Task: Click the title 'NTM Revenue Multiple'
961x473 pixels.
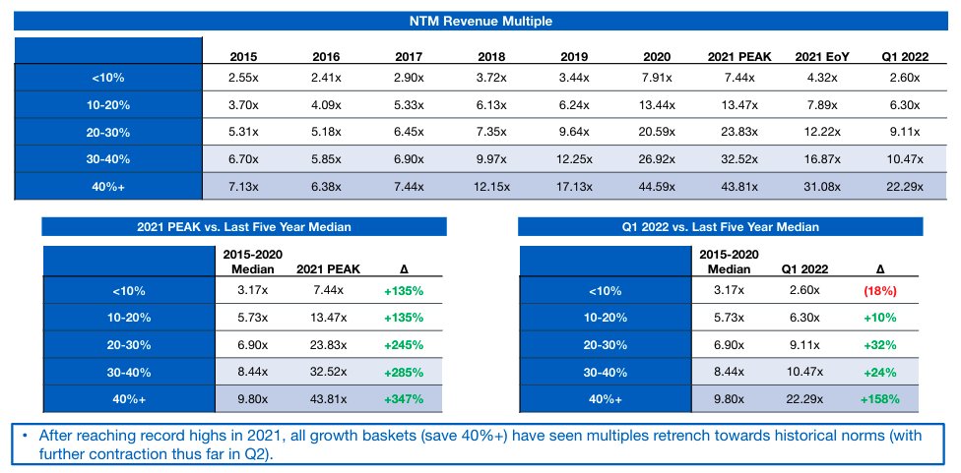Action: click(480, 21)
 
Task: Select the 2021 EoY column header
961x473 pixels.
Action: click(822, 56)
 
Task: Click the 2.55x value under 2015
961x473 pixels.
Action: click(242, 77)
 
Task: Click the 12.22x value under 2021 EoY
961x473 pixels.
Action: click(822, 132)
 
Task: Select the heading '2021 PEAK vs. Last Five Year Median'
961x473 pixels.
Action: click(244, 227)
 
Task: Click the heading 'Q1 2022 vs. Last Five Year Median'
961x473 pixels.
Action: click(722, 227)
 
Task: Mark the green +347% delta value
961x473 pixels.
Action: click(405, 400)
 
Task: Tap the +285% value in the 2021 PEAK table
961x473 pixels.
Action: click(405, 373)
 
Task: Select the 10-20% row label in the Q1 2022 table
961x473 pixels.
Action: click(606, 318)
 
